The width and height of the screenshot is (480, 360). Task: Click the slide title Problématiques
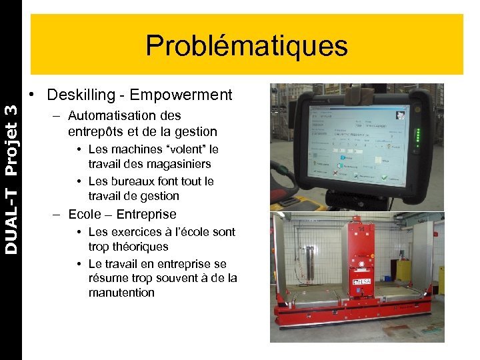coord(247,46)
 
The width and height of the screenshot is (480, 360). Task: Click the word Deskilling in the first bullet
coord(79,95)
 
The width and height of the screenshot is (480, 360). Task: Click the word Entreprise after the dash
coord(146,214)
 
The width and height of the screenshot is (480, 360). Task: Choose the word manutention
coord(121,293)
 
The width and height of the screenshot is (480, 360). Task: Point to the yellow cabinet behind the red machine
coord(404,269)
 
